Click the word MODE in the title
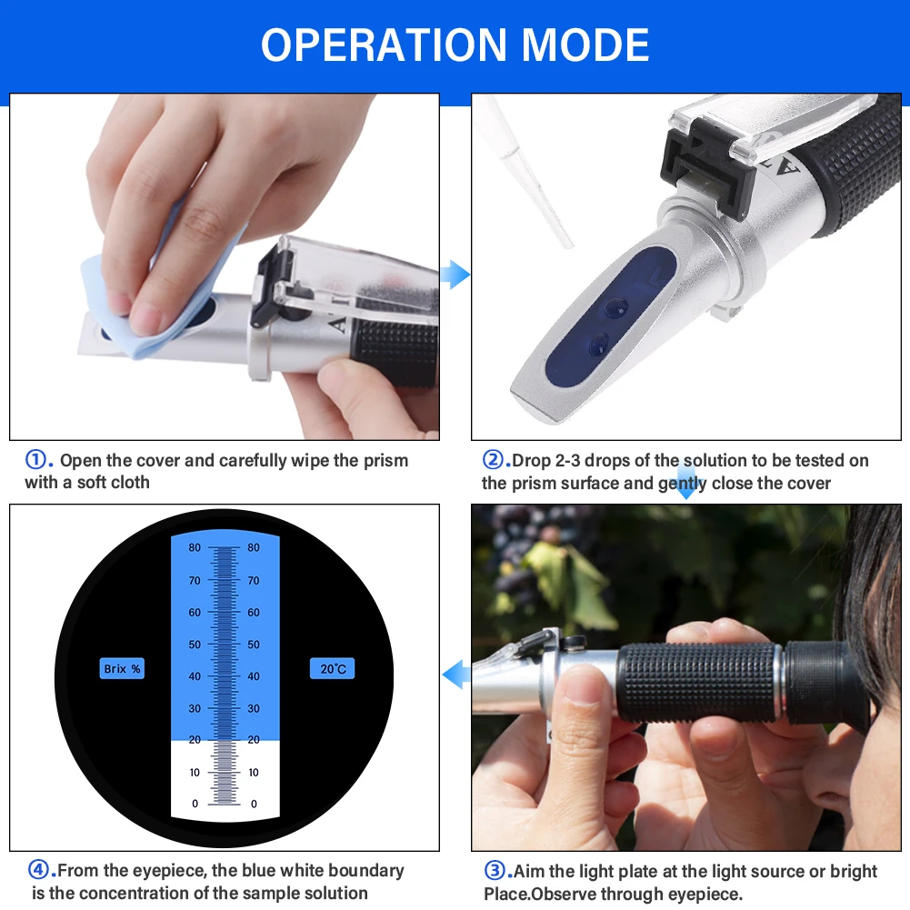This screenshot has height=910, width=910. pyautogui.click(x=585, y=45)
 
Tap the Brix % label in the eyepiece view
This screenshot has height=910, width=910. pyautogui.click(x=122, y=668)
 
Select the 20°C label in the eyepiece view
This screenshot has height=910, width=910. pyautogui.click(x=333, y=668)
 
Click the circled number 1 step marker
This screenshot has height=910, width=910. pyautogui.click(x=36, y=460)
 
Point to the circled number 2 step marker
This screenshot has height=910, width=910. pyautogui.click(x=494, y=460)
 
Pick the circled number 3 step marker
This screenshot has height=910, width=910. pyautogui.click(x=495, y=871)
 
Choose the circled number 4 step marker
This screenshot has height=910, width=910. pyautogui.click(x=39, y=870)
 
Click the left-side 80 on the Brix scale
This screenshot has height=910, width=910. pyautogui.click(x=195, y=547)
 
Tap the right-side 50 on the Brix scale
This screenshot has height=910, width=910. pyautogui.click(x=254, y=645)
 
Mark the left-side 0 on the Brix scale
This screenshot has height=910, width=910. pyautogui.click(x=195, y=804)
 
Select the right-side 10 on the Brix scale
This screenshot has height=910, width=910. pyautogui.click(x=254, y=773)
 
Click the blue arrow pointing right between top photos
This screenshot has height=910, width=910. pyautogui.click(x=455, y=275)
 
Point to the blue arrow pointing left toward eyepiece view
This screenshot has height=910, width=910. pyautogui.click(x=456, y=675)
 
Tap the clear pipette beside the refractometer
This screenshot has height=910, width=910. pyautogui.click(x=525, y=171)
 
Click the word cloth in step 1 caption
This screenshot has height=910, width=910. pyautogui.click(x=129, y=483)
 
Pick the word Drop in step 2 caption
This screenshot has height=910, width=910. pyautogui.click(x=531, y=461)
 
